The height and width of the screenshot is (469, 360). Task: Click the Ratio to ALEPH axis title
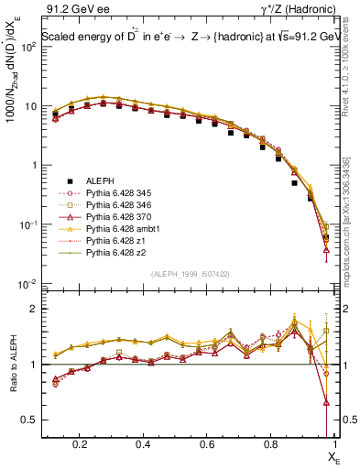point(13,366)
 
